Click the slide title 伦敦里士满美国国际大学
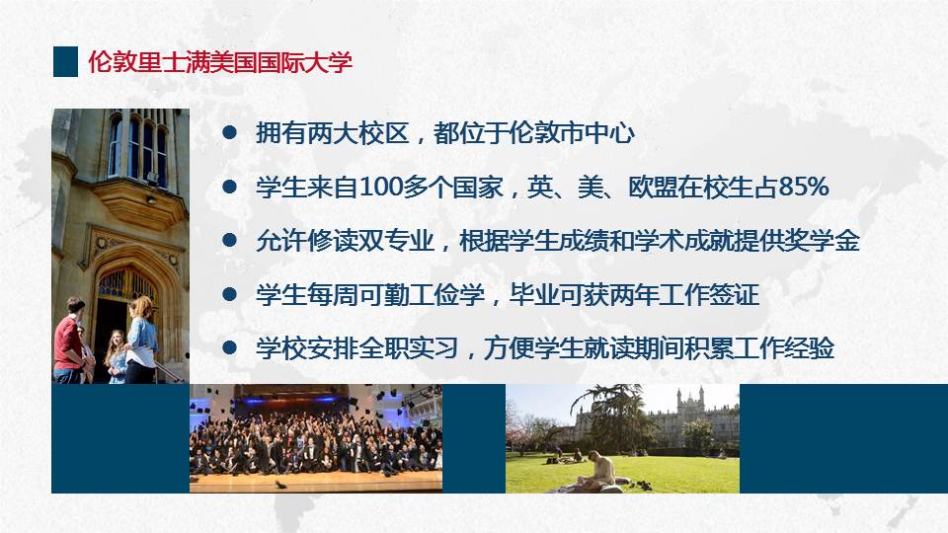(x=220, y=62)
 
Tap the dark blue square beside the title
(x=65, y=61)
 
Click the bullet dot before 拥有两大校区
(x=229, y=133)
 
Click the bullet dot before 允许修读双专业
(x=229, y=241)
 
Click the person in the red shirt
(x=69, y=342)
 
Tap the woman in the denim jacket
(x=141, y=341)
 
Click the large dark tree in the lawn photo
(x=613, y=417)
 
